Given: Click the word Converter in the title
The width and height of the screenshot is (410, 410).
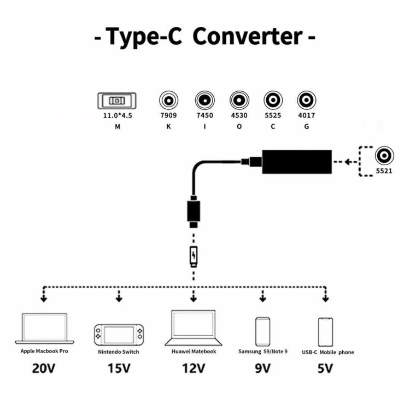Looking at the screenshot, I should [x=247, y=37].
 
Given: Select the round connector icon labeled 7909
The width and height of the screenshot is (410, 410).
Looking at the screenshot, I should [x=168, y=101].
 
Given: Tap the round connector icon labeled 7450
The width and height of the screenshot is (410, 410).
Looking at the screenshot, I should [x=204, y=101].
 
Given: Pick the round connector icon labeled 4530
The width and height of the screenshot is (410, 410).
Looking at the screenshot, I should [x=239, y=101].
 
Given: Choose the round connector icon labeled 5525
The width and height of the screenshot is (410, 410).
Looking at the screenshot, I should [x=273, y=101].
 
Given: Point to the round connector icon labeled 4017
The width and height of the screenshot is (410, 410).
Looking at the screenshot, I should [x=306, y=101].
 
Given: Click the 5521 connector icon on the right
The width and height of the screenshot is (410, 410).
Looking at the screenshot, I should [x=385, y=156].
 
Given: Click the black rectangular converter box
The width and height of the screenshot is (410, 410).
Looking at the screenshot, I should [x=297, y=161].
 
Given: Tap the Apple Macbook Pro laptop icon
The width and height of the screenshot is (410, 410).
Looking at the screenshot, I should [x=44, y=329].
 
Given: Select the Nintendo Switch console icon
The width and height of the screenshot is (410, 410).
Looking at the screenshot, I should [x=119, y=334].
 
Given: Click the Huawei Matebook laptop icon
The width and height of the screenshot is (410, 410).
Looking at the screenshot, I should [x=193, y=327].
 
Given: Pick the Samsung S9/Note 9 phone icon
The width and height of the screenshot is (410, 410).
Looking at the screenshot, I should [x=263, y=331].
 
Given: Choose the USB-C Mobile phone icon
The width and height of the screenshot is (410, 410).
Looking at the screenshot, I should [x=326, y=331].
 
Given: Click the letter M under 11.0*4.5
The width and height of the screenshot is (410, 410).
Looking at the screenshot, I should [x=117, y=127].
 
